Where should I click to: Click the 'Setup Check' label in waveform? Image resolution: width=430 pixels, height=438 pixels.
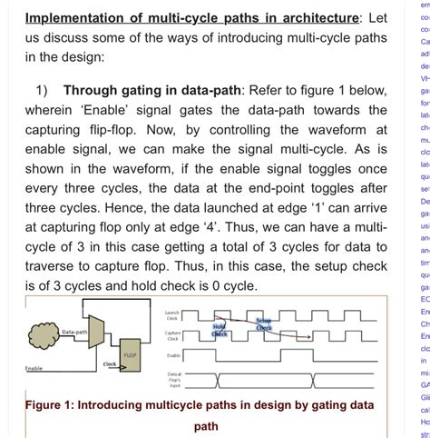(x=263, y=323)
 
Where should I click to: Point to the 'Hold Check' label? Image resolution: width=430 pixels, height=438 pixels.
(x=219, y=330)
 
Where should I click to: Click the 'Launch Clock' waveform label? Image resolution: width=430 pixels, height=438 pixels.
(x=172, y=316)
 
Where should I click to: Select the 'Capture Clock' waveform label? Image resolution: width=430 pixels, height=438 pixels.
(x=172, y=335)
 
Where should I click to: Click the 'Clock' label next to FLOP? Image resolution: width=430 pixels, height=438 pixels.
(x=109, y=363)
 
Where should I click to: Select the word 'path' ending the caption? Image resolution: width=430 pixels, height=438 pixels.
(x=207, y=426)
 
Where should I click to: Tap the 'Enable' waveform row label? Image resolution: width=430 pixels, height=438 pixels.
(x=174, y=355)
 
